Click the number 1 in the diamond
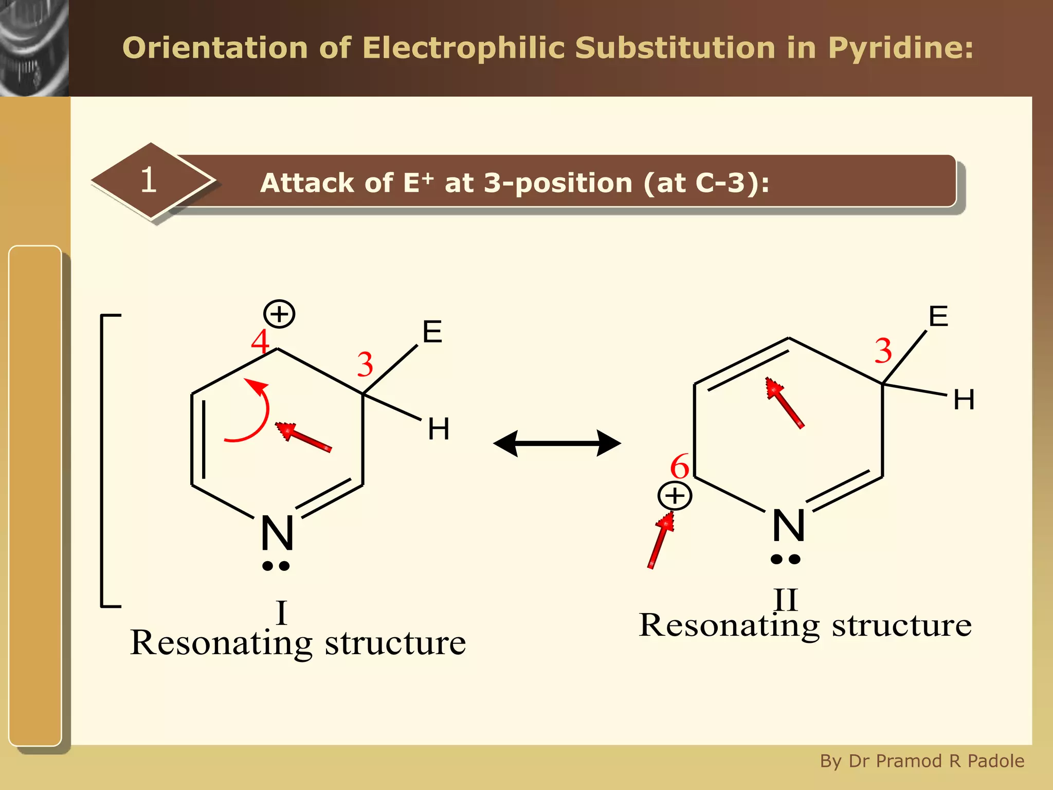click(149, 180)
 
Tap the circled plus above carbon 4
click(279, 314)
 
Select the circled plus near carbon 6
click(675, 496)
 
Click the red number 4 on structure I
click(260, 342)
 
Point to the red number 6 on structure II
click(679, 466)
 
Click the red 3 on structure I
click(365, 364)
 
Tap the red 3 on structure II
click(883, 351)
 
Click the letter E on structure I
click(432, 332)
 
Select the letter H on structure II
click(964, 400)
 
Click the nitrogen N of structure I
click(277, 533)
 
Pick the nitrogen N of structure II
click(788, 526)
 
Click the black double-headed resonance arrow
click(557, 443)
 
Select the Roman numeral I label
click(281, 612)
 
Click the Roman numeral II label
click(786, 599)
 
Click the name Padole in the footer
click(995, 761)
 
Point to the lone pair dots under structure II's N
click(785, 559)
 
